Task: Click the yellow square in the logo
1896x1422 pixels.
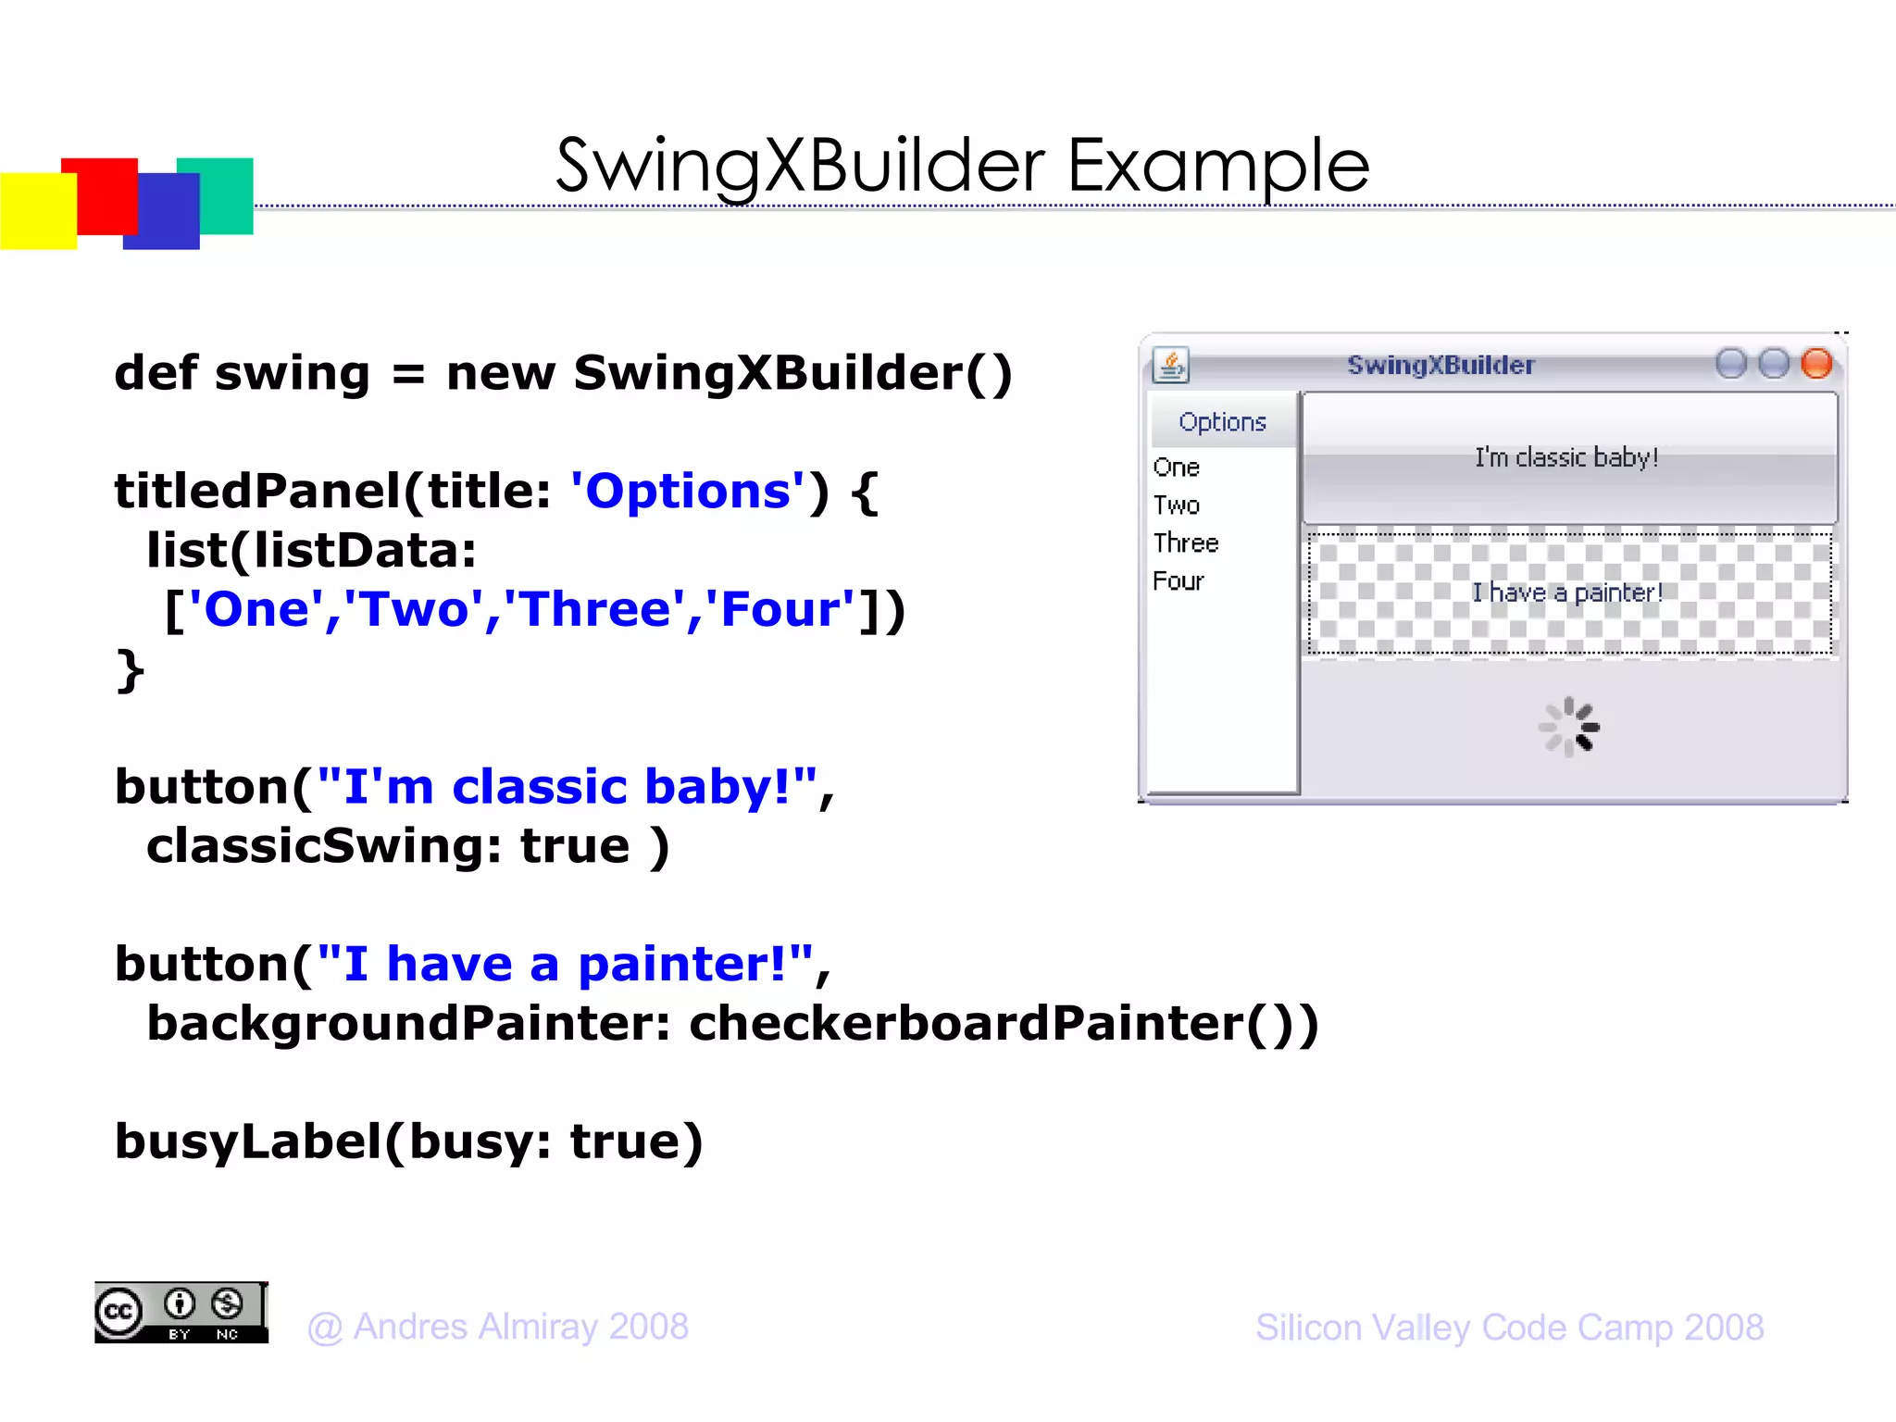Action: pos(37,211)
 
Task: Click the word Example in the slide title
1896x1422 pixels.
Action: pos(1217,167)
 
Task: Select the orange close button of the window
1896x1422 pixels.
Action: pos(1816,364)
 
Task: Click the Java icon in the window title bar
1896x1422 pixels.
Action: pos(1171,365)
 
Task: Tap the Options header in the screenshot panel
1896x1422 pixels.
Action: pos(1222,422)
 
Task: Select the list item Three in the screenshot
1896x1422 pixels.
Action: pos(1186,543)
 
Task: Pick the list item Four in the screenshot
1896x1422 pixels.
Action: pos(1179,581)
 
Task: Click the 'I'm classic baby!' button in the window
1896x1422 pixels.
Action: pos(1567,457)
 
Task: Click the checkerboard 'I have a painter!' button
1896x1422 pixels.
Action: pos(1567,592)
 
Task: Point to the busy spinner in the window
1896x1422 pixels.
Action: pos(1569,727)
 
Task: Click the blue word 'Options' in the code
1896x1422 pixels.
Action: pos(688,491)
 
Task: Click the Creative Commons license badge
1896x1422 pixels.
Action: pos(181,1313)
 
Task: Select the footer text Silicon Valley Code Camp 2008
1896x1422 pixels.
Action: pos(1509,1328)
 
